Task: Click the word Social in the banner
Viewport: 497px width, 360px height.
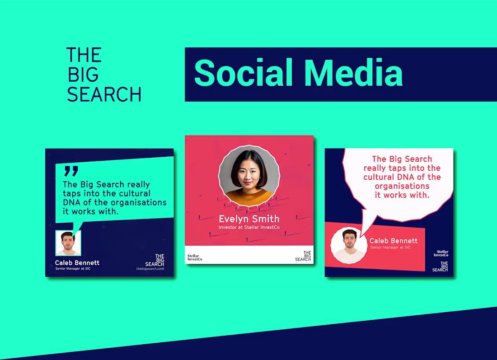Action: point(244,73)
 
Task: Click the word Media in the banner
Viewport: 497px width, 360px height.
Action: point(353,73)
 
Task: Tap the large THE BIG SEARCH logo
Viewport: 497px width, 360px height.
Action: point(104,75)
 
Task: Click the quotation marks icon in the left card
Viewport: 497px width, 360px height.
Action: point(71,171)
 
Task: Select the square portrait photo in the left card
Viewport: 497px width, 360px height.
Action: point(68,243)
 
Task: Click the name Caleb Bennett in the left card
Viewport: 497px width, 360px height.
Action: point(77,262)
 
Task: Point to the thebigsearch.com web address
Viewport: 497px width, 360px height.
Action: point(150,269)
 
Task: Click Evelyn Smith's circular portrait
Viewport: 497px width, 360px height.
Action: point(249,176)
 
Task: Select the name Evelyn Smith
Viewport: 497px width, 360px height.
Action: point(249,219)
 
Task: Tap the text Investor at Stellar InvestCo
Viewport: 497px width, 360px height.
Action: point(249,227)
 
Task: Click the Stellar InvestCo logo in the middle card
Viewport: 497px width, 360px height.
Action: point(195,258)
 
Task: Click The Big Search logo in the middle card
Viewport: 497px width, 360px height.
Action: point(303,256)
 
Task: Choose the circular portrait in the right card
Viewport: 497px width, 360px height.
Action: point(349,245)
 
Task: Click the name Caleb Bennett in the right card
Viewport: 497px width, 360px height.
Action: point(394,241)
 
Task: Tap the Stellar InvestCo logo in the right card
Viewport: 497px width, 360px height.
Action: point(442,253)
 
